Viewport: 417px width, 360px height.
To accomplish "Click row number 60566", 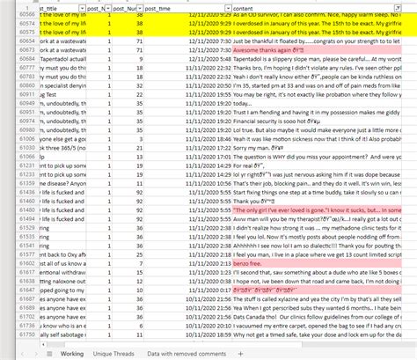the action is click(26, 17).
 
